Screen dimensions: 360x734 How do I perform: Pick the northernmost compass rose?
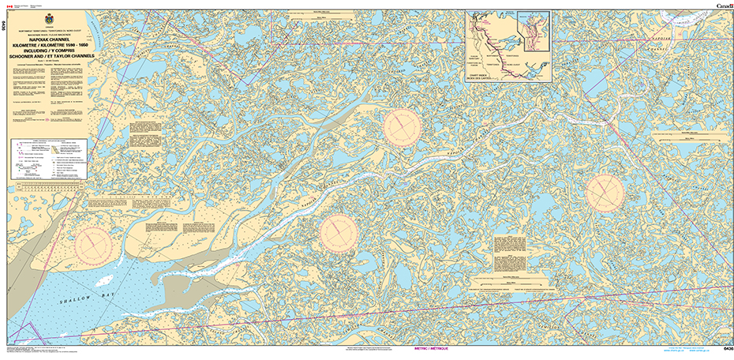pyautogui.click(x=403, y=126)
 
